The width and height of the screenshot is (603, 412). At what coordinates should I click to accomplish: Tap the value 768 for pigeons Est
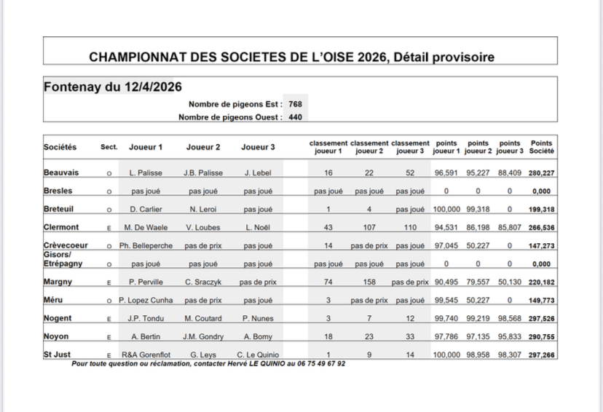click(295, 103)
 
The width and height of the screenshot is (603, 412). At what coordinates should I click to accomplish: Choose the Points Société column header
click(542, 146)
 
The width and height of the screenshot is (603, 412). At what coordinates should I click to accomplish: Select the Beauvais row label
click(62, 173)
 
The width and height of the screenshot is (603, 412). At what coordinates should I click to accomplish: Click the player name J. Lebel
click(258, 173)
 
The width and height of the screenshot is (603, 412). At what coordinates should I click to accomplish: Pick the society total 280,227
click(541, 173)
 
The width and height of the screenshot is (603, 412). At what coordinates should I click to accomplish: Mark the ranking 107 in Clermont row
click(368, 226)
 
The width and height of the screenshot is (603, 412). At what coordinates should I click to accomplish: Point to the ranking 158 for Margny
click(368, 281)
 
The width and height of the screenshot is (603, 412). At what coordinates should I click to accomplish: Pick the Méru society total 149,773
click(541, 299)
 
